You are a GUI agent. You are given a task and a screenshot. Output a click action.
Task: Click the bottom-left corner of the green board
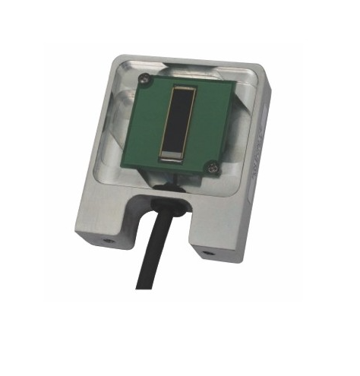pyautogui.click(x=131, y=170)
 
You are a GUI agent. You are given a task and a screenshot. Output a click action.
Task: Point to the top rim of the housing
pyautogui.click(x=190, y=61)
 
